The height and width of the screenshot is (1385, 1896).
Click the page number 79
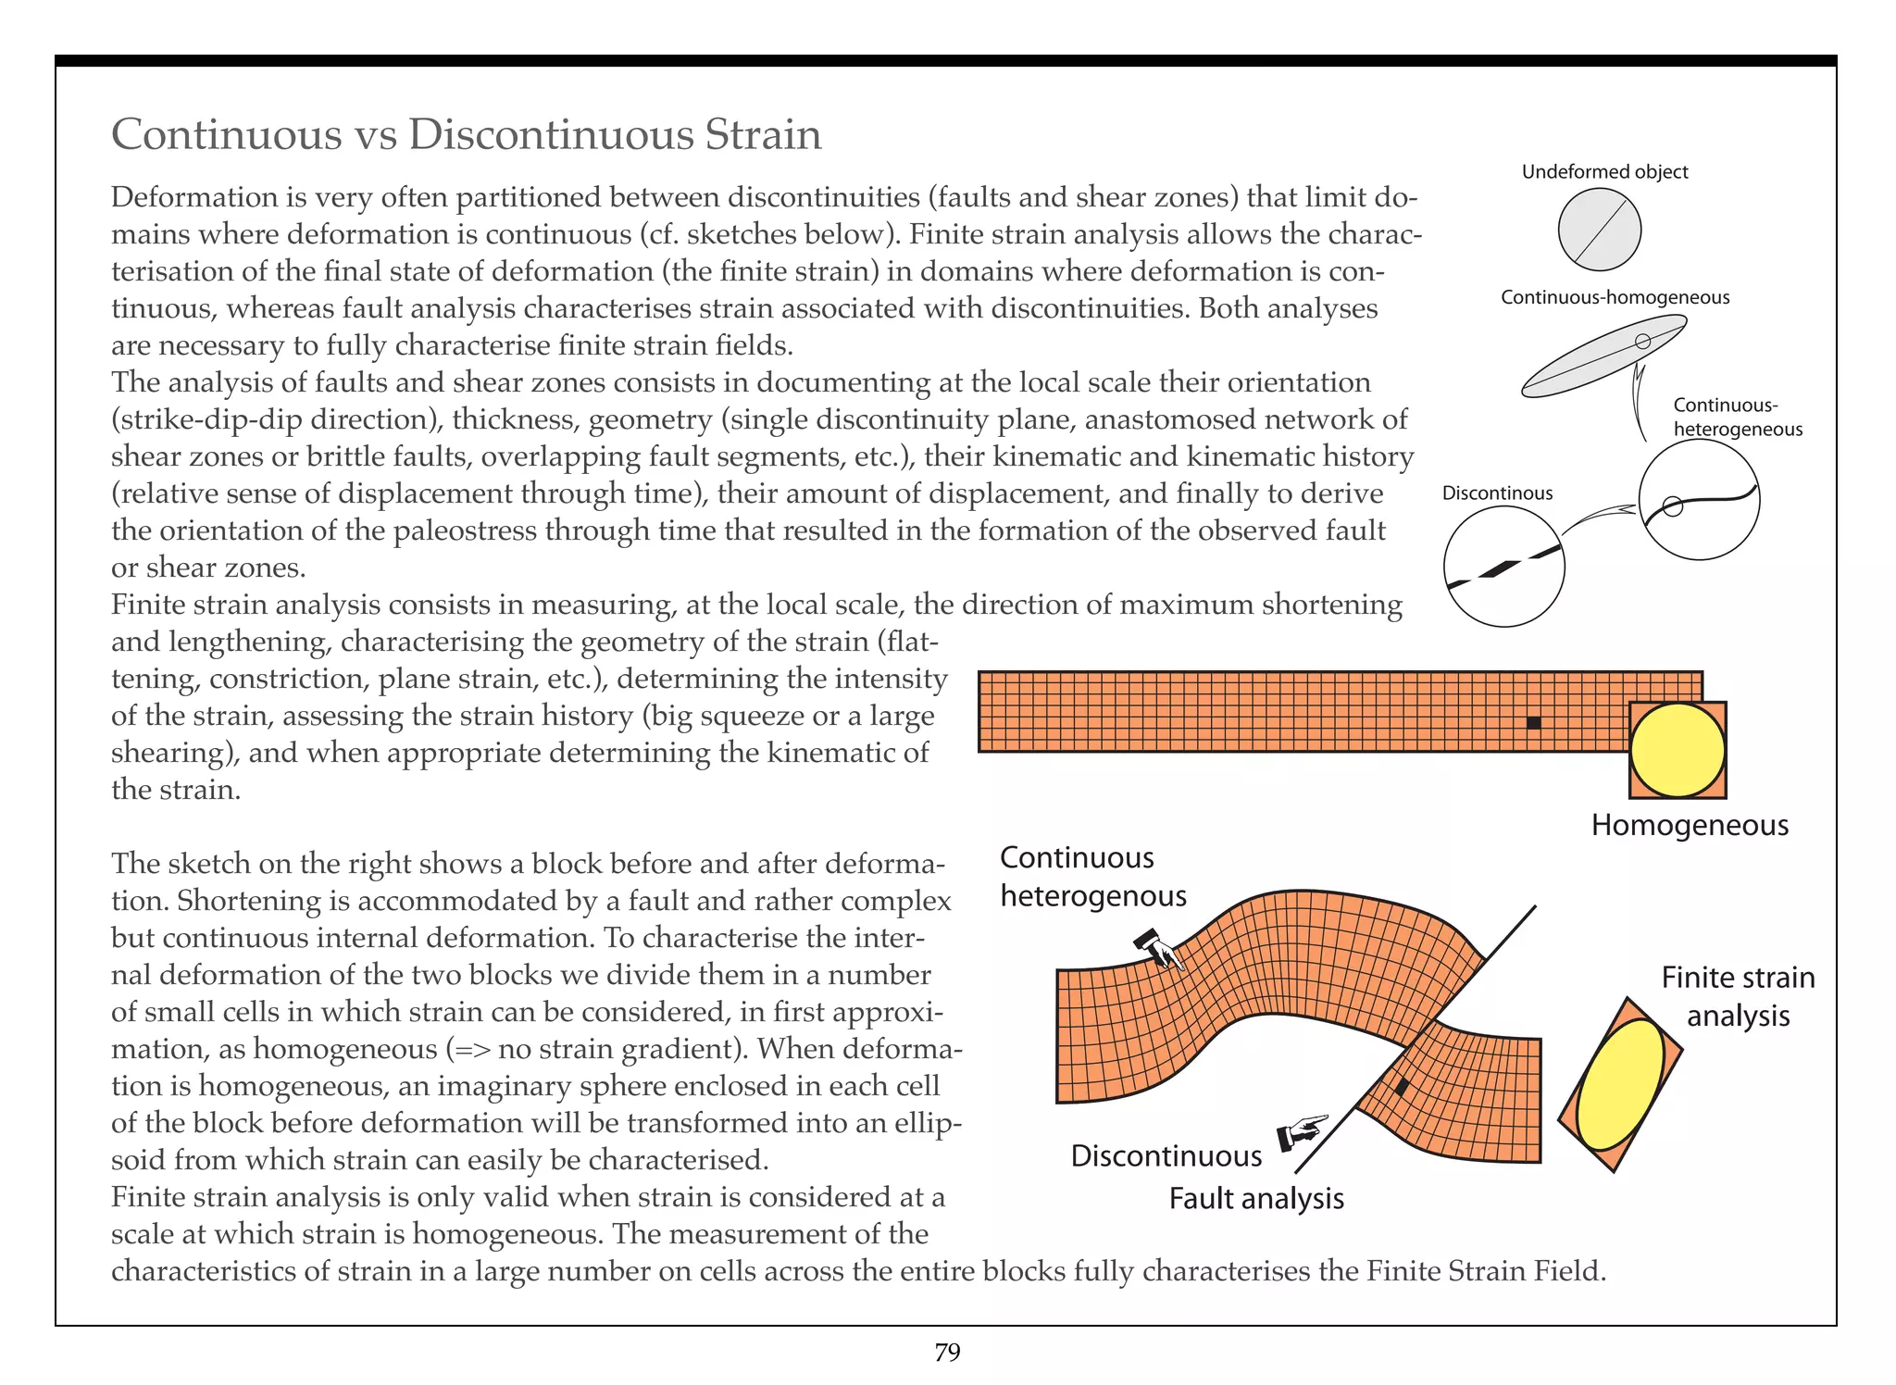point(947,1353)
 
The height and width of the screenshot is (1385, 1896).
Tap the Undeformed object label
point(1604,172)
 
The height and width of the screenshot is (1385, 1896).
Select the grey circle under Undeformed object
point(1599,230)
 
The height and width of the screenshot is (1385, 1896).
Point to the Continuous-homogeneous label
point(1615,297)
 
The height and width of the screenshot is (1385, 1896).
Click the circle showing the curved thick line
point(1699,500)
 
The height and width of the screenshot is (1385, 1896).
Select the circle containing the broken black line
point(1503,568)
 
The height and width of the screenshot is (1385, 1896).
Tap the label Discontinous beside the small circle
point(1497,493)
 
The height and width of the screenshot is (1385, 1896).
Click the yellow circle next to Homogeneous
point(1677,750)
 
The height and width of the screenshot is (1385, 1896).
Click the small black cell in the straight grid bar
point(1533,723)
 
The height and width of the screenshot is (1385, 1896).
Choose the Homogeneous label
point(1690,825)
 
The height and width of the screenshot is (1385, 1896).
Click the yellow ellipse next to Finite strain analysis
point(1620,1083)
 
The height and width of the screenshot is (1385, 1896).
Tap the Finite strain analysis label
point(1738,996)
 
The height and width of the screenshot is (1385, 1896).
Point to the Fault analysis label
point(1255,1199)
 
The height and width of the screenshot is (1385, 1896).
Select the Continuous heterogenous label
point(1092,877)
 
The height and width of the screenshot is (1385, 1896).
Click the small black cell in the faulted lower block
point(1402,1087)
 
